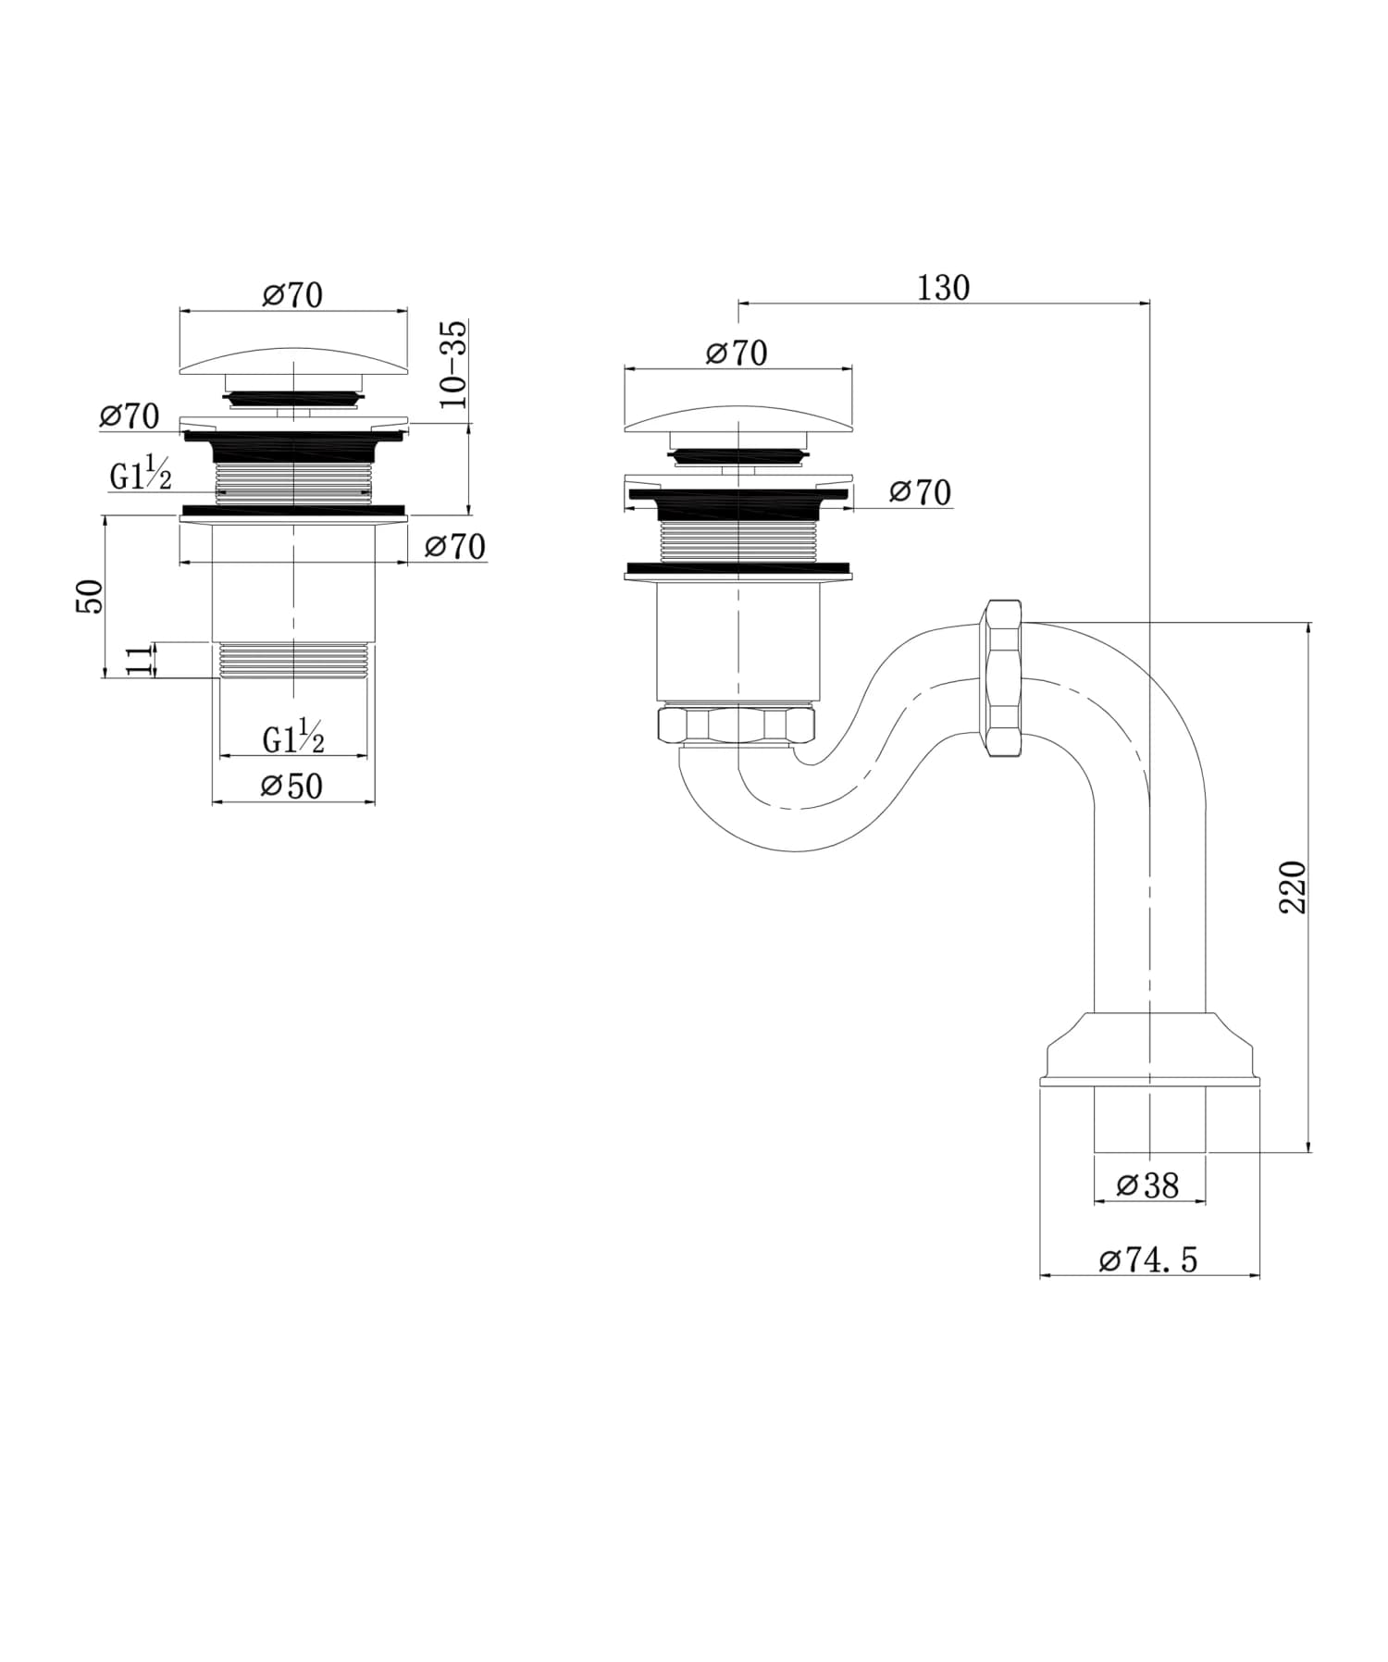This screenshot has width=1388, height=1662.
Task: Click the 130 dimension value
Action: pyautogui.click(x=943, y=288)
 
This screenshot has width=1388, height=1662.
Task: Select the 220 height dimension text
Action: pyautogui.click(x=1293, y=887)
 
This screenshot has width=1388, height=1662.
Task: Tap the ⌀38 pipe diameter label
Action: pyautogui.click(x=1148, y=1185)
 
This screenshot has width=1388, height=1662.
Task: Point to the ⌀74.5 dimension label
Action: pyautogui.click(x=1148, y=1259)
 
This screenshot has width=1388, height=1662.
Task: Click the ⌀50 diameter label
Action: pyautogui.click(x=292, y=787)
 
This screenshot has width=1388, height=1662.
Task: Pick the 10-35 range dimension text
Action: pyautogui.click(x=454, y=365)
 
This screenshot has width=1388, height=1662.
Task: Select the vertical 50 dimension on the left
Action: pyautogui.click(x=90, y=596)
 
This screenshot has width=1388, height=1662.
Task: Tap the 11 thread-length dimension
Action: pyautogui.click(x=138, y=661)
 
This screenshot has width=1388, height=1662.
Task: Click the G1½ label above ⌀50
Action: pyautogui.click(x=293, y=738)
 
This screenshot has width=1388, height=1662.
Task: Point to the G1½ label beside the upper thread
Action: pyautogui.click(x=141, y=476)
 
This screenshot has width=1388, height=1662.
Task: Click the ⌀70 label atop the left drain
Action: pyautogui.click(x=292, y=295)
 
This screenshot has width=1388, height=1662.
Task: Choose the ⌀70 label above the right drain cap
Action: pyautogui.click(x=737, y=353)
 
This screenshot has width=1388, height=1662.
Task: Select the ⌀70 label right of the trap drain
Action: pyautogui.click(x=920, y=492)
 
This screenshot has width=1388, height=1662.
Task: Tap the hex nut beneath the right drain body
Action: pyautogui.click(x=736, y=724)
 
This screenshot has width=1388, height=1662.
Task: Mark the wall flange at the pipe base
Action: pyautogui.click(x=1149, y=1050)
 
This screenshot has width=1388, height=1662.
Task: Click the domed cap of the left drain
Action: pyautogui.click(x=292, y=361)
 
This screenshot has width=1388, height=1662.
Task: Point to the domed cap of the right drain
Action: pyautogui.click(x=738, y=418)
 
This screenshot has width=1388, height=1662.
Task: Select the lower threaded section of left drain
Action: pyautogui.click(x=293, y=661)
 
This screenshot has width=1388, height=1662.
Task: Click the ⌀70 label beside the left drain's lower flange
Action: pyautogui.click(x=455, y=547)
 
